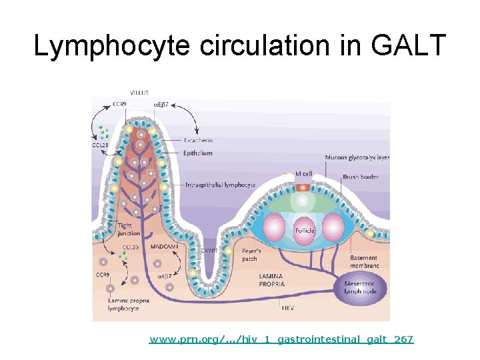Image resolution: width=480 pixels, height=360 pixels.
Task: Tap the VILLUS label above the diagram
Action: pos(139,92)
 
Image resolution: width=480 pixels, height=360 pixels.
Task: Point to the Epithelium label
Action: pos(198,153)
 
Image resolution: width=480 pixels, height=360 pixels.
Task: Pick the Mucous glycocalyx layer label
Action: pos(357,157)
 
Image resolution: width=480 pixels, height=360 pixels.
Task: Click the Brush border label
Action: pos(359,177)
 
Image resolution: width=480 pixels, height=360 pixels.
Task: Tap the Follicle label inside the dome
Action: pos(304,231)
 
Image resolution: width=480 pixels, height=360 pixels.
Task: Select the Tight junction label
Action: pos(129,229)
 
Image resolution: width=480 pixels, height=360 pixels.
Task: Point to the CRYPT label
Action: pos(209,251)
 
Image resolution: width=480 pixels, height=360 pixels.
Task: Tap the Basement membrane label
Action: pos(364,261)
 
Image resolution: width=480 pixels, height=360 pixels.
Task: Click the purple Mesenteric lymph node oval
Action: pos(360,289)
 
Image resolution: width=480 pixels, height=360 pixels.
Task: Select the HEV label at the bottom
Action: pos(286,308)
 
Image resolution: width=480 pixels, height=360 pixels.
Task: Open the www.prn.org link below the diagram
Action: pos(281,340)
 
